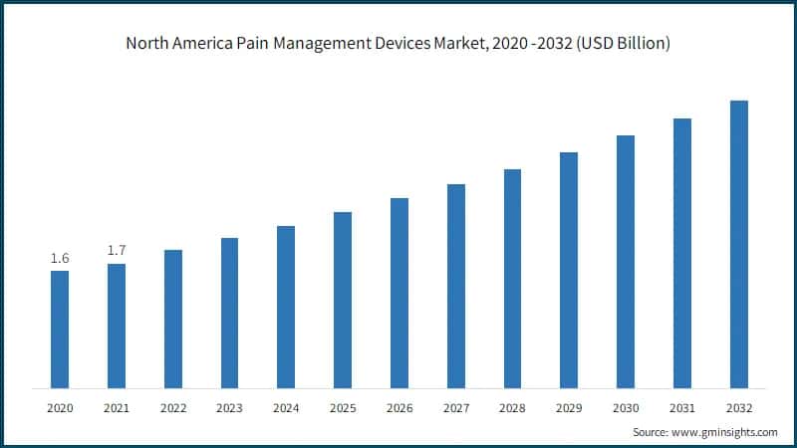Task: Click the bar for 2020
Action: coord(60,330)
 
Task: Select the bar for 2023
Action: coord(229,313)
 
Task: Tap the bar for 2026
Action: coord(399,293)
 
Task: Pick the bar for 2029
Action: coord(569,270)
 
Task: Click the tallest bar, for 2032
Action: coord(738,244)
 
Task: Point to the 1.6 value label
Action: coord(60,259)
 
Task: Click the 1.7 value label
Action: coord(117,251)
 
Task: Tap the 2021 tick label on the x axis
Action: coord(117,408)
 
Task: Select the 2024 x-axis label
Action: coord(286,408)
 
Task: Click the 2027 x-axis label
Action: coord(456,408)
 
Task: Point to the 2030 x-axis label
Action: coord(626,408)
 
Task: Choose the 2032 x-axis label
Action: coord(738,408)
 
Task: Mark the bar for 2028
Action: coord(512,279)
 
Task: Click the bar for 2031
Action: coord(682,253)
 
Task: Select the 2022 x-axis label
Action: coord(173,408)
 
